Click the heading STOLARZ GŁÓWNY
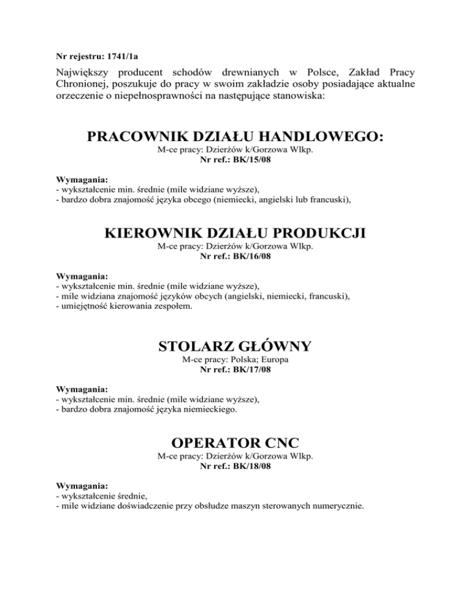point(235,346)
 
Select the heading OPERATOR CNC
point(235,442)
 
